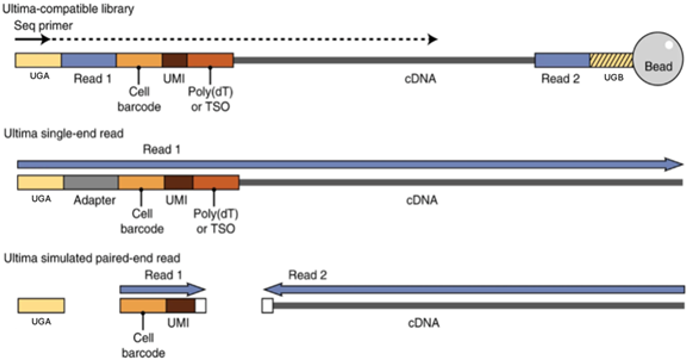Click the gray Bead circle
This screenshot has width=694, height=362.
(x=658, y=59)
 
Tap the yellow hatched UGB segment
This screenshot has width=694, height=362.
(x=611, y=60)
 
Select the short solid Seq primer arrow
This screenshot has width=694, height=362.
(x=32, y=39)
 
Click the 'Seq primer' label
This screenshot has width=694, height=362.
(x=43, y=26)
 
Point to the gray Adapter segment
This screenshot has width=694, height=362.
(x=91, y=183)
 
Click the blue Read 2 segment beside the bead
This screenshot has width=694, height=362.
(x=562, y=60)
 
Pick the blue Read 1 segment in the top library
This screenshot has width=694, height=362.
(x=89, y=60)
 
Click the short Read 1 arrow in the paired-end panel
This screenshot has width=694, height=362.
(x=162, y=290)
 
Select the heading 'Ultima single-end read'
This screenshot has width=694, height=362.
(x=63, y=134)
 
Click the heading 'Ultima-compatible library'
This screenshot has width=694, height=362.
(x=68, y=9)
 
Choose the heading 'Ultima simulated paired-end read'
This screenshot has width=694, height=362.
(x=92, y=258)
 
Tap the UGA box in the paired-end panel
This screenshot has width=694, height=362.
(x=41, y=305)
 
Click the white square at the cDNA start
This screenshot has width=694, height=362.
(x=267, y=306)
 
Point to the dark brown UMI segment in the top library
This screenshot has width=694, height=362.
(x=175, y=60)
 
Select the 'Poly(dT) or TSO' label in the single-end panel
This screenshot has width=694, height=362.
(x=216, y=221)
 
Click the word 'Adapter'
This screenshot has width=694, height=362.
(x=94, y=200)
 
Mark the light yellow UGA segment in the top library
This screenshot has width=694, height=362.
(x=38, y=60)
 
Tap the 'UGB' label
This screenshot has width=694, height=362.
(x=614, y=78)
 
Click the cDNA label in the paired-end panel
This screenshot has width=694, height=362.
(x=424, y=323)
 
